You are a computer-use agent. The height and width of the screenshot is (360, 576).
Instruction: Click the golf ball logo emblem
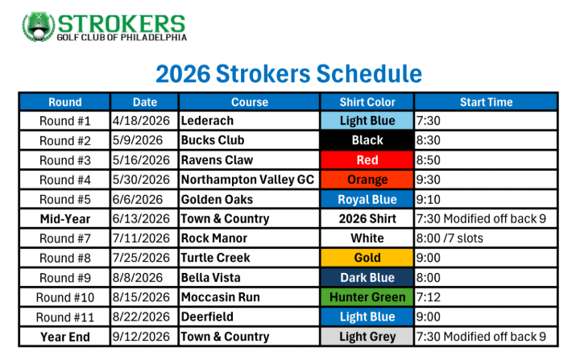tap(38, 27)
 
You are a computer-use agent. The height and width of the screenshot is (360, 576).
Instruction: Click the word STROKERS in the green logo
tap(122, 24)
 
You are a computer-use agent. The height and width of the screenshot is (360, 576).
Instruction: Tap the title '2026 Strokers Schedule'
tap(288, 74)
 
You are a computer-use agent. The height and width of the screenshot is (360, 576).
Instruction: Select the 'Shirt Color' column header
tap(367, 101)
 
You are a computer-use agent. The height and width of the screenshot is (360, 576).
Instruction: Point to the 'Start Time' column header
tap(486, 101)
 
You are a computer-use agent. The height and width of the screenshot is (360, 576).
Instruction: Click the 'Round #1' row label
tap(65, 121)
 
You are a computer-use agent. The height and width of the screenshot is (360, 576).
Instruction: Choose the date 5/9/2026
tap(138, 140)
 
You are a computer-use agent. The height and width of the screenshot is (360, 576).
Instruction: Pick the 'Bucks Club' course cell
tap(213, 140)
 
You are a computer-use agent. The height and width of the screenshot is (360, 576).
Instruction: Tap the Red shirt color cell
tap(367, 159)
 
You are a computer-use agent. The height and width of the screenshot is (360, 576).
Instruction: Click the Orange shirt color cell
tap(367, 180)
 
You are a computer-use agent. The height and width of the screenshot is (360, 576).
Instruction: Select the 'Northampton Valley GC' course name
tap(247, 180)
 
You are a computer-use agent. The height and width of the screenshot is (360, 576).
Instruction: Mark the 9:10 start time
tap(429, 200)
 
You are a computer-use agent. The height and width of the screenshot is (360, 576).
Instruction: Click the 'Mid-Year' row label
tap(65, 219)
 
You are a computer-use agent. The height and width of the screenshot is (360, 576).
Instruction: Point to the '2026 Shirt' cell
tap(367, 219)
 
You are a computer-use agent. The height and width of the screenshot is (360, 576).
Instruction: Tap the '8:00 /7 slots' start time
tap(450, 238)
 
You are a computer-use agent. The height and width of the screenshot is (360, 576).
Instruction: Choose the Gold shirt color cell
tap(367, 258)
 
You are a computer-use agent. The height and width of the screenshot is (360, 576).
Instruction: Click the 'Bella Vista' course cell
tap(211, 278)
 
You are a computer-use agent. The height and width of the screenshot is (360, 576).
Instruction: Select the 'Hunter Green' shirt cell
tap(367, 297)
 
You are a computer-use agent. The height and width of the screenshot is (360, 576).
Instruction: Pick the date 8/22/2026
tap(141, 317)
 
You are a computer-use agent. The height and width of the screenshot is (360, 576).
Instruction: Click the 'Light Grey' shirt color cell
tap(367, 337)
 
